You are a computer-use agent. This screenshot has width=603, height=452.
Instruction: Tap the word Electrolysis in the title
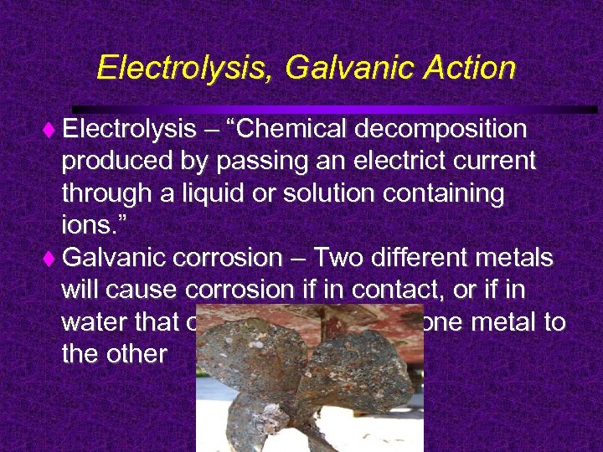click(184, 68)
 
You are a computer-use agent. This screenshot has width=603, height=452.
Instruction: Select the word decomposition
click(441, 130)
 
